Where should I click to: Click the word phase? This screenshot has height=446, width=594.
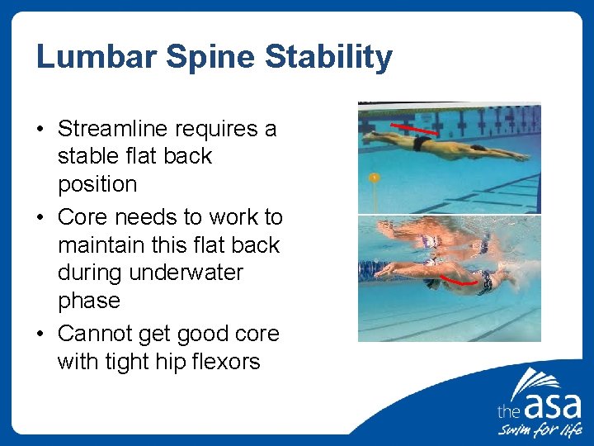pos(89,301)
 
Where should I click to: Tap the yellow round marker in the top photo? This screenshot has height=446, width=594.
pos(374,178)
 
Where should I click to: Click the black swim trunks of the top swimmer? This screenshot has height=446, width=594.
pos(422,144)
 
